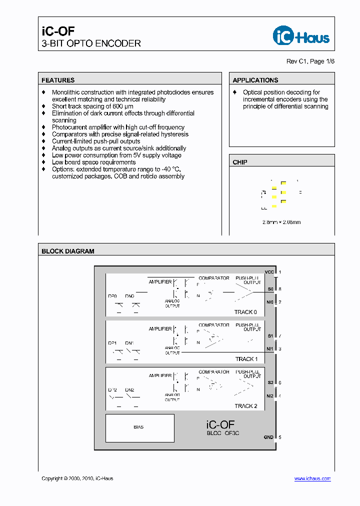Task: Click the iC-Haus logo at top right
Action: [x=301, y=35]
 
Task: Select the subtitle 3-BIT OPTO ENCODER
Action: [x=91, y=43]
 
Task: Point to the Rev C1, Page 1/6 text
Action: [x=310, y=61]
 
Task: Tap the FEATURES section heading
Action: [x=58, y=80]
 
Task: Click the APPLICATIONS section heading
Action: [x=255, y=80]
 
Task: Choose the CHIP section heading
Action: [x=240, y=162]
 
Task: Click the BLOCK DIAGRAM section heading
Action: [x=68, y=251]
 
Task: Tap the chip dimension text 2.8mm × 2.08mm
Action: [x=281, y=222]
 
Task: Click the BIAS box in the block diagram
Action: [x=139, y=427]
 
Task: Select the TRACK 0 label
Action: [x=246, y=312]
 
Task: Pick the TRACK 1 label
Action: [x=246, y=359]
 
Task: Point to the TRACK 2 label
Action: [x=246, y=406]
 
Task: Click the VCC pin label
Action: [x=269, y=272]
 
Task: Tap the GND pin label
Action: [x=268, y=437]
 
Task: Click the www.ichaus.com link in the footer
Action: [x=312, y=478]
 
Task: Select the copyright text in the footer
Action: [x=77, y=478]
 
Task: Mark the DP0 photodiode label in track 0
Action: [x=112, y=296]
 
